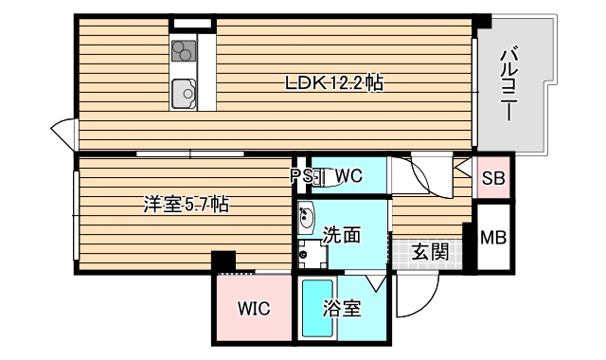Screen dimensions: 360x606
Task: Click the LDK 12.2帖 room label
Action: click(x=334, y=83)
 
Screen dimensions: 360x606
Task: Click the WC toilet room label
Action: click(x=348, y=175)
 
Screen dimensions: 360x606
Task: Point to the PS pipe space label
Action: click(x=301, y=175)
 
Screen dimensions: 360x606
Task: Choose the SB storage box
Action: click(x=493, y=176)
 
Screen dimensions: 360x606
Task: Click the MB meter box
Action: click(x=492, y=237)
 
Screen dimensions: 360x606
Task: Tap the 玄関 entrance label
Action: click(x=429, y=252)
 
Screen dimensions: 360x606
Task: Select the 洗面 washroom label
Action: click(x=341, y=234)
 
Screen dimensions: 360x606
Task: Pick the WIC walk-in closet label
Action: click(x=254, y=308)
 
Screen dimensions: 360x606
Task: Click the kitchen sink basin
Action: click(x=183, y=93)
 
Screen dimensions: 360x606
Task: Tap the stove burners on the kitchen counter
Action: click(x=183, y=49)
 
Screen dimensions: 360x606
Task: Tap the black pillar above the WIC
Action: click(x=223, y=260)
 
